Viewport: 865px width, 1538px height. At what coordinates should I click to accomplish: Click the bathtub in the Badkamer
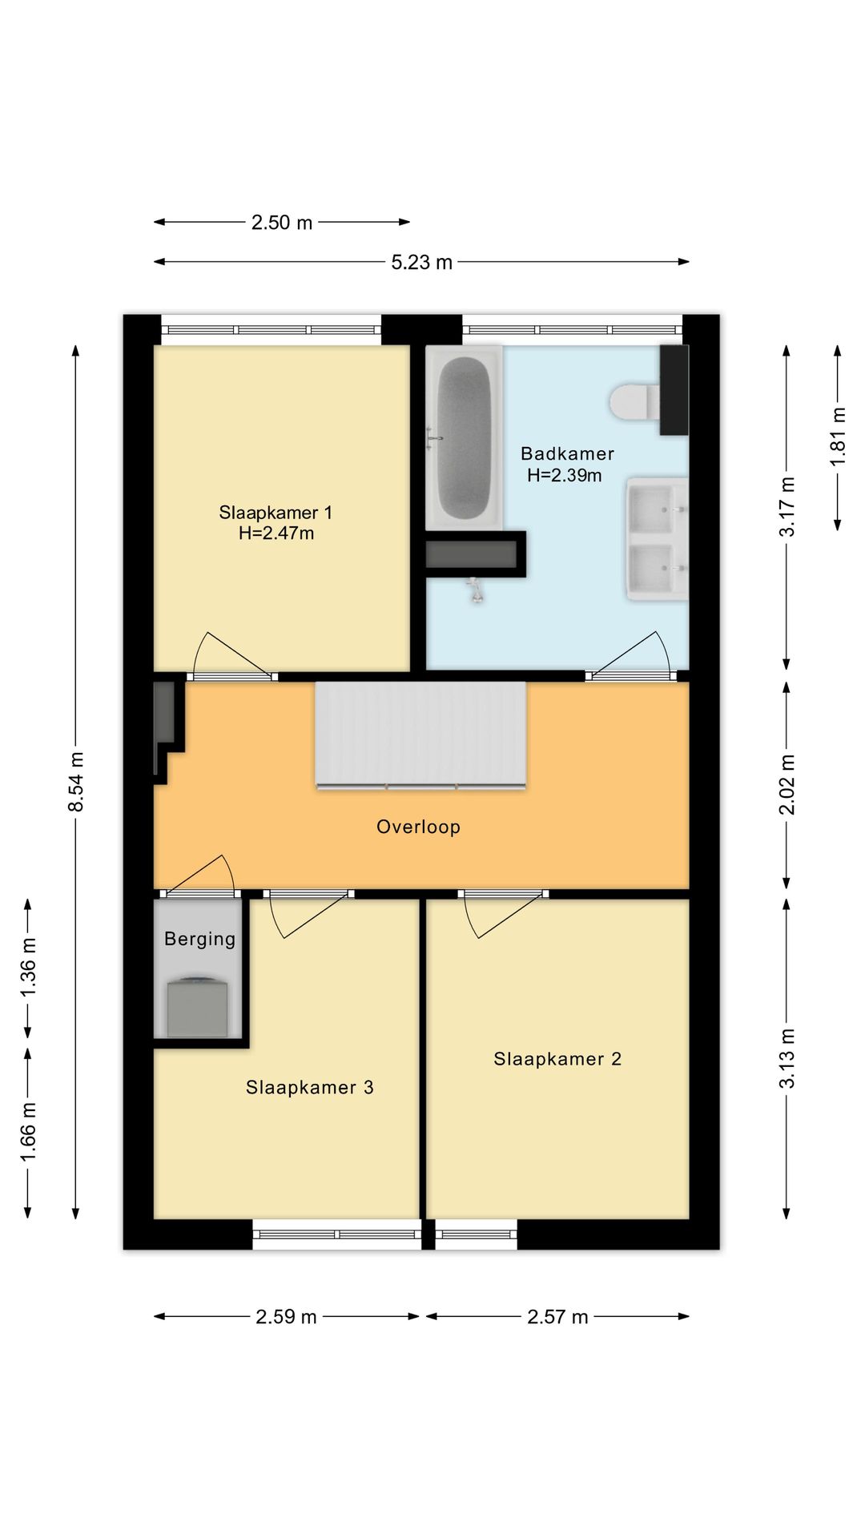(465, 438)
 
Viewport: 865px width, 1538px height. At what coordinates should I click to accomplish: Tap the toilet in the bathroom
(634, 401)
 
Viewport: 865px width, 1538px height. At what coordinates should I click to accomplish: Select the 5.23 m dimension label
(421, 262)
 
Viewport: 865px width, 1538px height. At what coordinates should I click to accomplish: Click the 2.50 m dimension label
(282, 223)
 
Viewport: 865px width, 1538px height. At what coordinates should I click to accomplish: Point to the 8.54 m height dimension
(76, 782)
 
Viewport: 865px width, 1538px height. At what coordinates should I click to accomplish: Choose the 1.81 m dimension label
(838, 437)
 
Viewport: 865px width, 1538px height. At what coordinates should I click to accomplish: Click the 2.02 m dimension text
(787, 784)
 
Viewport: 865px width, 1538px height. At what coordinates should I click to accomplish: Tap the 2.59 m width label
(286, 1317)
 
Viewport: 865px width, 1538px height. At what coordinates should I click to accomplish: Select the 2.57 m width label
(557, 1317)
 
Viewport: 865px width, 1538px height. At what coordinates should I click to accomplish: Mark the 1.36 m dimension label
(28, 967)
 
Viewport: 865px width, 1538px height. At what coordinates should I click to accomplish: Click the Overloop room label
(418, 827)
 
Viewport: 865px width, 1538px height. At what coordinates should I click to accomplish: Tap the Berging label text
(199, 939)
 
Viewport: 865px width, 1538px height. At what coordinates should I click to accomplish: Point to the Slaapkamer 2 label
(557, 1059)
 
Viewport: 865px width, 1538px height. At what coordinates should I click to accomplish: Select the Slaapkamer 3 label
(310, 1087)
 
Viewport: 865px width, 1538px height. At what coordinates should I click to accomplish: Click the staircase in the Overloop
(420, 735)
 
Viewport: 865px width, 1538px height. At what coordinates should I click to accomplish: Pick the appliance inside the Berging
(197, 1007)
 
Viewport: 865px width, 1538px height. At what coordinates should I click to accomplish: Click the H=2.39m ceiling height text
(565, 475)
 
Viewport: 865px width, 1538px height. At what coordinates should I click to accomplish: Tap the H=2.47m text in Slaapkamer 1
(276, 533)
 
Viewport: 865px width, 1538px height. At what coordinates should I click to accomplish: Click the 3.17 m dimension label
(787, 507)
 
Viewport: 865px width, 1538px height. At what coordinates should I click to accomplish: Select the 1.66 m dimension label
(28, 1132)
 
